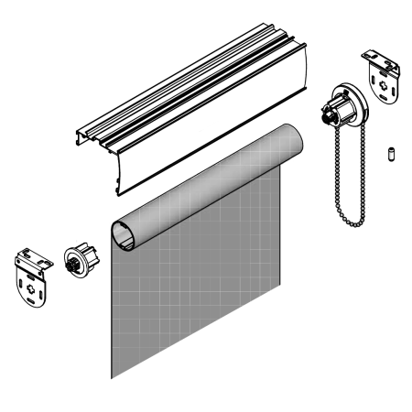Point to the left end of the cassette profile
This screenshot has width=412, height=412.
coord(84,137)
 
